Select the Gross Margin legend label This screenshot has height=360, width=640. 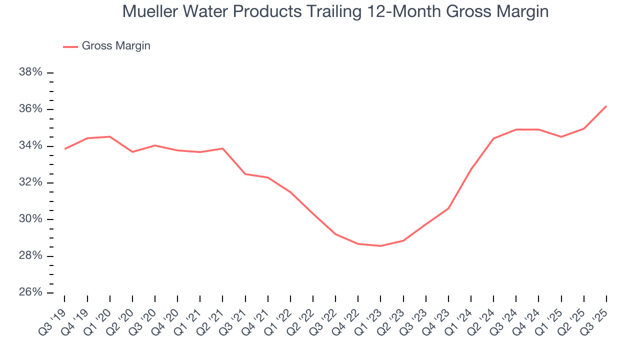(116, 46)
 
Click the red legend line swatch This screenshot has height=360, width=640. (70, 46)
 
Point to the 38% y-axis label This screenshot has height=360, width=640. (30, 72)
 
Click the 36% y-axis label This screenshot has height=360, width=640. (30, 109)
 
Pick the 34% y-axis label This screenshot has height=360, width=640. (30, 146)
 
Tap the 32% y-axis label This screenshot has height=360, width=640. (30, 182)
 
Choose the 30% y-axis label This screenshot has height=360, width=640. (30, 219)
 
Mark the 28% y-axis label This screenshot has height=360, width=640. (30, 256)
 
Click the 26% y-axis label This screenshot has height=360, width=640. (30, 292)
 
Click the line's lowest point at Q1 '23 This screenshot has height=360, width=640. (380, 246)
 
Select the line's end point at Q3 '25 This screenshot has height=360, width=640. (606, 106)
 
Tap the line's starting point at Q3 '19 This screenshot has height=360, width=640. (64, 149)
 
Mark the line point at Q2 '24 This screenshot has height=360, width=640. (493, 138)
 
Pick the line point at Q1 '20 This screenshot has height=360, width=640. (109, 136)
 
